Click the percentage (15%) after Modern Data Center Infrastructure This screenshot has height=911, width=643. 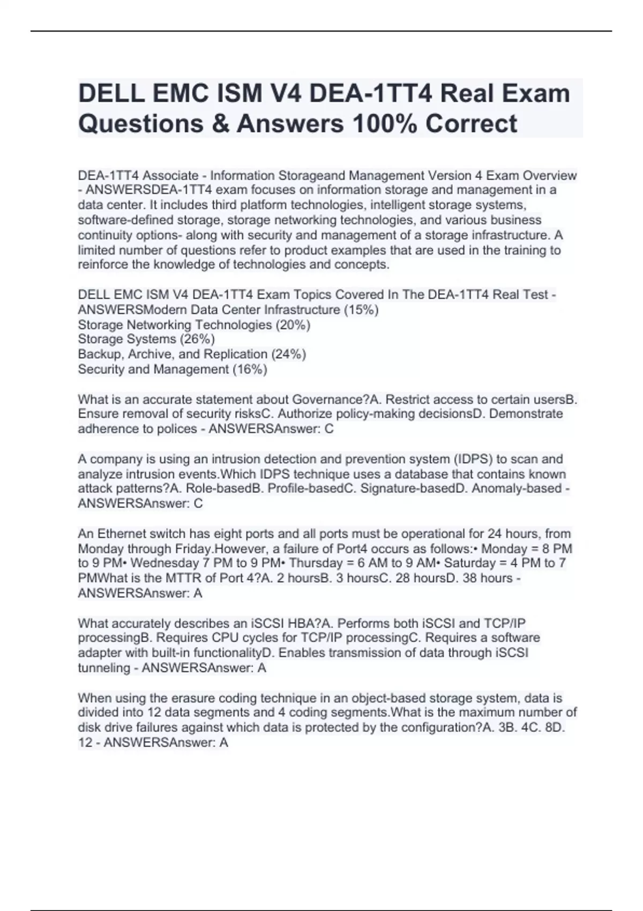click(361, 310)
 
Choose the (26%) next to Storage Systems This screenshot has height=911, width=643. click(197, 339)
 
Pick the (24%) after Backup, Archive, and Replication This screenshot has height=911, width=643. click(289, 354)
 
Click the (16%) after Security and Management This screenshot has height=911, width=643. click(250, 369)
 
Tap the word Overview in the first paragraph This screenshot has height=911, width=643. click(550, 176)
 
